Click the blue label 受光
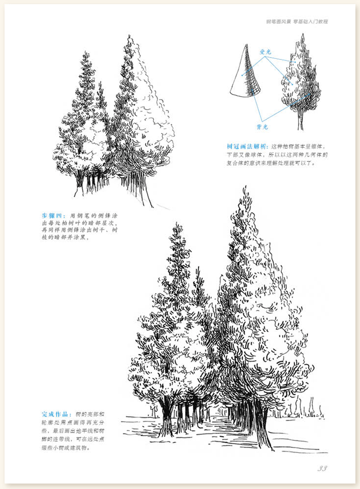pyautogui.click(x=265, y=52)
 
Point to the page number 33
pyautogui.click(x=322, y=469)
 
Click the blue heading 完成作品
pyautogui.click(x=55, y=415)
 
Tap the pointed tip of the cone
pyautogui.click(x=247, y=45)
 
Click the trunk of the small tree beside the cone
pyautogui.click(x=300, y=121)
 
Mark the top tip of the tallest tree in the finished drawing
pyautogui.click(x=246, y=187)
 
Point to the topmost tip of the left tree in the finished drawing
pyautogui.click(x=176, y=224)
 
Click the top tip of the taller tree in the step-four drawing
pyautogui.click(x=129, y=36)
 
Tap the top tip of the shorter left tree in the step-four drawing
pyautogui.click(x=85, y=53)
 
